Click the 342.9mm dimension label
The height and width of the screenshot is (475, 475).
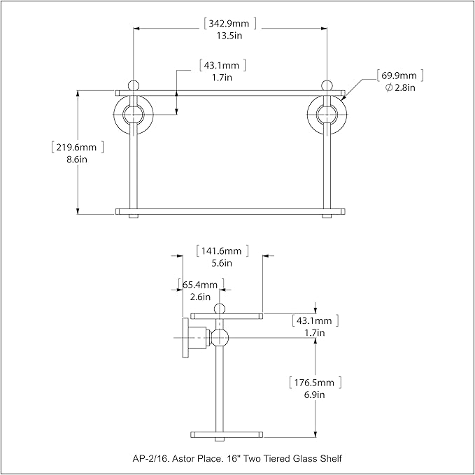tap(229, 23)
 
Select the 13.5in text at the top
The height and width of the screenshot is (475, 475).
tap(229, 36)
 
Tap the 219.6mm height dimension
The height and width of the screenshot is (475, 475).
tap(76, 147)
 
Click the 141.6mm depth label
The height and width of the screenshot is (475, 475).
tap(222, 251)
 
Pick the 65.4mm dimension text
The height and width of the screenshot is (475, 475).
tap(200, 285)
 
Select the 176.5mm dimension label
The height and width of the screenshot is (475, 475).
tap(314, 383)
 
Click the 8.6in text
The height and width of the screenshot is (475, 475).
tap(77, 159)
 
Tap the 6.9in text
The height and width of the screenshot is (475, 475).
tap(314, 395)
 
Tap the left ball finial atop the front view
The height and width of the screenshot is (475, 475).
tap(134, 85)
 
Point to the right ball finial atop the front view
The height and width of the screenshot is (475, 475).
tap(327, 85)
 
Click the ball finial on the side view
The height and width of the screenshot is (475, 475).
tap(220, 309)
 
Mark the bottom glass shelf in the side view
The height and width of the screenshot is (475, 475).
tap(227, 434)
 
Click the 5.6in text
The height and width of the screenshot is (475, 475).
tap(222, 263)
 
